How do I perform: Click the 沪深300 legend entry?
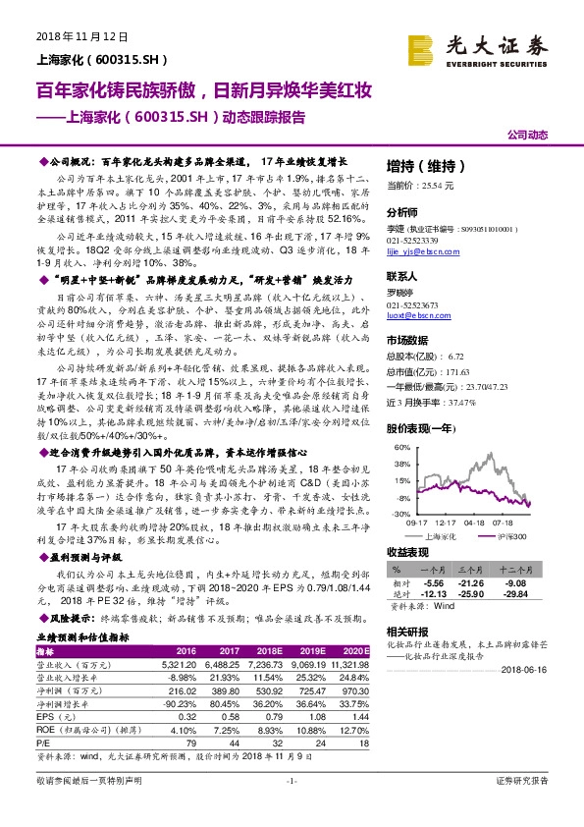[506, 536]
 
